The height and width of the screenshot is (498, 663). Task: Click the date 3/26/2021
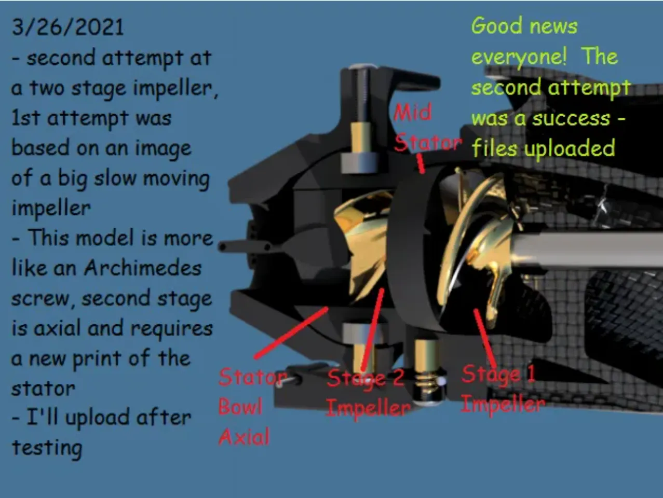coord(67,27)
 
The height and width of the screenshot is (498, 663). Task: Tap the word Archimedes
coord(143,268)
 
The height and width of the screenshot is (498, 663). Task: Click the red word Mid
coord(413,112)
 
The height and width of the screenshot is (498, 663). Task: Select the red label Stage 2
coord(366,378)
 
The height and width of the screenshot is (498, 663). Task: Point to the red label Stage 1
coord(498,374)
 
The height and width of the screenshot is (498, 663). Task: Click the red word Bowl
coord(240,407)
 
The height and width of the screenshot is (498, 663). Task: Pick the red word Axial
coord(244,437)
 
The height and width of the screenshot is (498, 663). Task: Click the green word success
coord(571,118)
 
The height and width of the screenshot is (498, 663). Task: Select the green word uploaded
coord(569,148)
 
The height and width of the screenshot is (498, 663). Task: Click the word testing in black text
coord(47,448)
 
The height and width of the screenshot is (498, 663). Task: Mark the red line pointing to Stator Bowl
coord(291,333)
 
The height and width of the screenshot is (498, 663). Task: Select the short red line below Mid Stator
coord(420,163)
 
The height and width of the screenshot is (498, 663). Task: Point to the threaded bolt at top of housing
coord(361,100)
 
